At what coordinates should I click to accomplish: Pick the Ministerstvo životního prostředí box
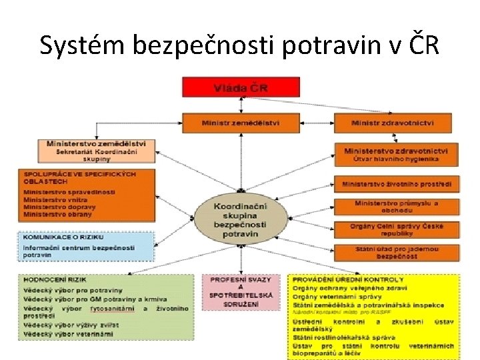397,183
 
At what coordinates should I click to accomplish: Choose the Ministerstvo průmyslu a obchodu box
397,206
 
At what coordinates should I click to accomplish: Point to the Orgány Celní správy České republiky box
397,229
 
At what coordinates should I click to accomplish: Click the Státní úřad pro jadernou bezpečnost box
397,252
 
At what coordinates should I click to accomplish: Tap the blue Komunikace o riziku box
85,245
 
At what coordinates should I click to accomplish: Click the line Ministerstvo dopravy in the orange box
60,207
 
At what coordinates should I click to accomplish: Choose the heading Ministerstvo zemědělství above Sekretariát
100,143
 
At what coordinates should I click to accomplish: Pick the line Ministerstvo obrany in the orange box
58,215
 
